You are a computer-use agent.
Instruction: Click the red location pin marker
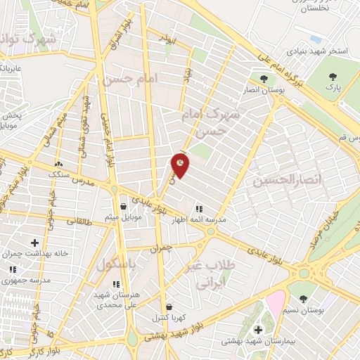tap(180, 165)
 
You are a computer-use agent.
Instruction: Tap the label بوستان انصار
tap(264, 90)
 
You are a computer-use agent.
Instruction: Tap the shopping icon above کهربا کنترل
tap(169, 307)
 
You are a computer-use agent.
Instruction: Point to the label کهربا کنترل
tap(169, 318)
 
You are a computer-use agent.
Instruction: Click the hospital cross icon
tap(257, 329)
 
